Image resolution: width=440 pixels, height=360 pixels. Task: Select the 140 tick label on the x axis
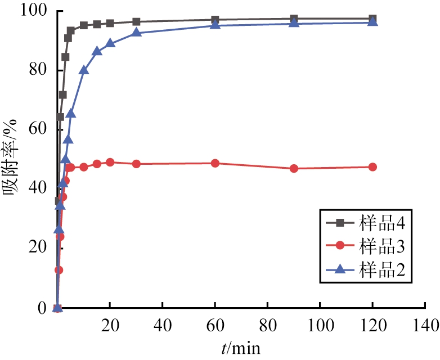pyautogui.click(x=424, y=325)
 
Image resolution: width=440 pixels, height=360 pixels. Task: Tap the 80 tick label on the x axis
pyautogui.click(x=267, y=325)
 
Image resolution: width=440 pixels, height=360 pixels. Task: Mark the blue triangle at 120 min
pyautogui.click(x=372, y=22)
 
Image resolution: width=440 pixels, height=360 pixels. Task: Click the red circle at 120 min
pyautogui.click(x=372, y=167)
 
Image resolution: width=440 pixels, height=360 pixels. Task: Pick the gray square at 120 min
pyautogui.click(x=372, y=19)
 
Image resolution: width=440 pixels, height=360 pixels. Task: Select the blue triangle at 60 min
pyautogui.click(x=215, y=25)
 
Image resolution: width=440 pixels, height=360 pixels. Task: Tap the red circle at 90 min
pyautogui.click(x=294, y=168)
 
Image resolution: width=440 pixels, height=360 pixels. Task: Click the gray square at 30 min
pyautogui.click(x=136, y=22)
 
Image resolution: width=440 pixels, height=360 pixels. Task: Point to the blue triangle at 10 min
pyautogui.click(x=84, y=70)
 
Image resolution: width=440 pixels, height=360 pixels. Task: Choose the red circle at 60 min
pyautogui.click(x=215, y=163)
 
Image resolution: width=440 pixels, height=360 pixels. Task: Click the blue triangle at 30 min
pyautogui.click(x=136, y=33)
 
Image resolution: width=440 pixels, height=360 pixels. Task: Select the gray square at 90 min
pyautogui.click(x=294, y=19)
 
